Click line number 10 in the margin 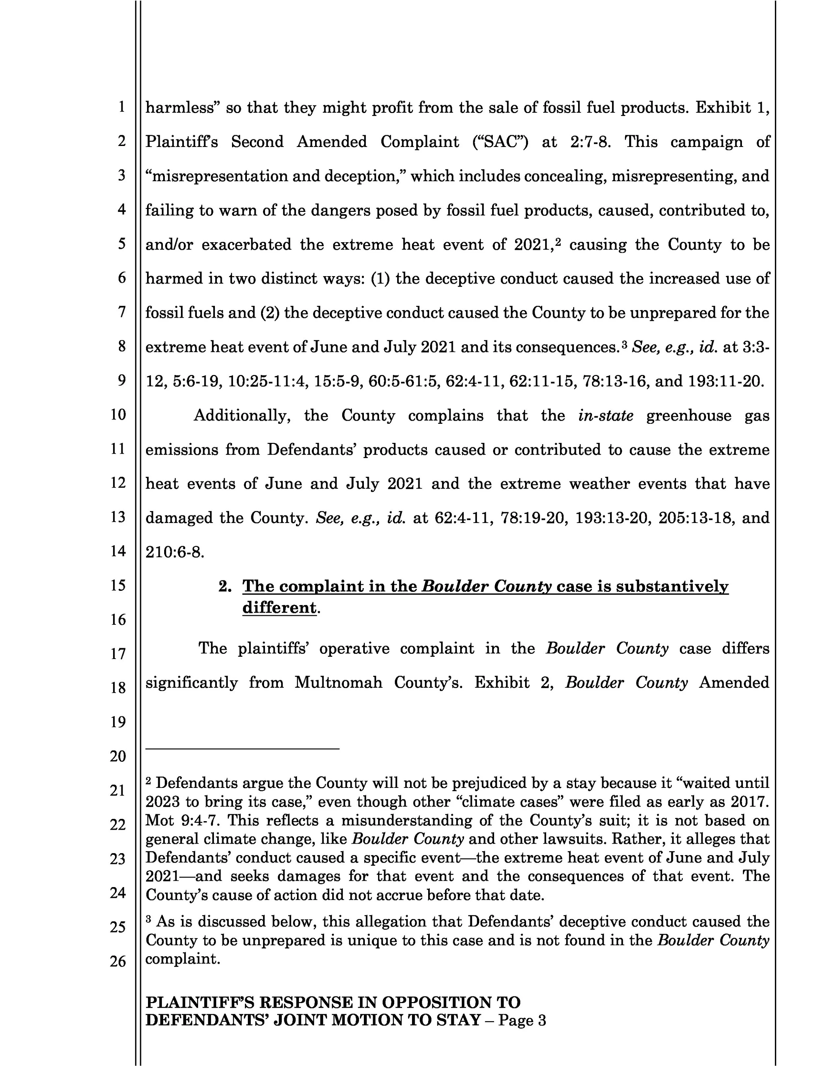(x=118, y=415)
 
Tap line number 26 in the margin (x=118, y=961)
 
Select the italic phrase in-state (x=605, y=416)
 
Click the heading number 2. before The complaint (x=225, y=586)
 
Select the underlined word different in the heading (x=279, y=608)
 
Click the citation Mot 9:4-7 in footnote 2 (x=177, y=820)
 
